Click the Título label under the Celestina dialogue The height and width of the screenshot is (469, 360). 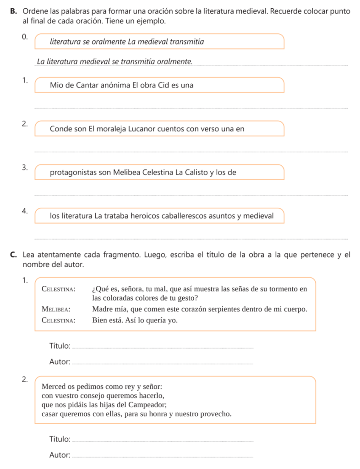pos(60,345)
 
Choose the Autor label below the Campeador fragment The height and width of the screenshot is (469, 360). pos(59,455)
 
